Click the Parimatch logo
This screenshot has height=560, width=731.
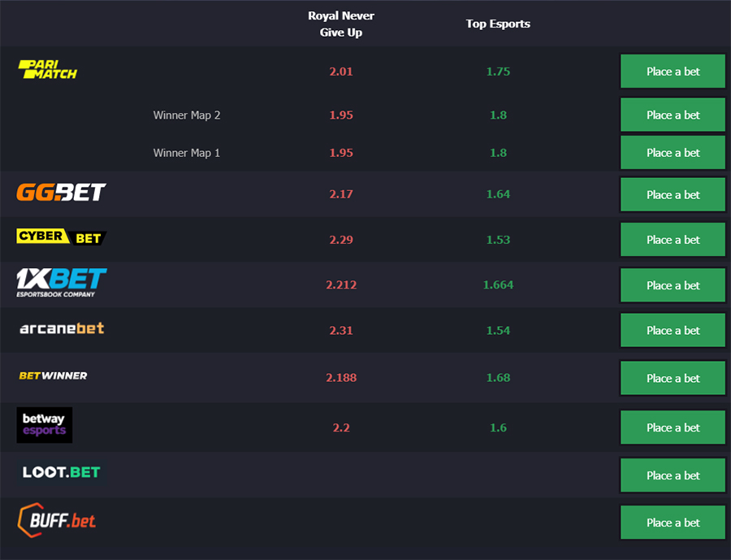click(48, 70)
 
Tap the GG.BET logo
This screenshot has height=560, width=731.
click(61, 193)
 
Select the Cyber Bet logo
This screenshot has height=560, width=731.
click(62, 237)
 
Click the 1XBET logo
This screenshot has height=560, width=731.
click(62, 283)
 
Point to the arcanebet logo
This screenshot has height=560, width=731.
click(62, 328)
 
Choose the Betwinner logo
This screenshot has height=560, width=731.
click(53, 376)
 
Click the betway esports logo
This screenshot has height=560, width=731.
click(45, 424)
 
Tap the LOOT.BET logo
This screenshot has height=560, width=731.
click(62, 472)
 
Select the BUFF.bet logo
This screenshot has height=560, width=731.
click(56, 520)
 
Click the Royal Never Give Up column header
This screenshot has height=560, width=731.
click(341, 24)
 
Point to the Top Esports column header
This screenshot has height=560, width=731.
click(498, 24)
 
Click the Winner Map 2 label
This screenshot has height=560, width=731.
click(187, 115)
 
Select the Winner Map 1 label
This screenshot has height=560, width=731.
click(187, 153)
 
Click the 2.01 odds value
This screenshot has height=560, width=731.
click(341, 72)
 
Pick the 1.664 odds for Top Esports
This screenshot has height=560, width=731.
click(498, 284)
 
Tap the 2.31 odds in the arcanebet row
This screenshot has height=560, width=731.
click(341, 331)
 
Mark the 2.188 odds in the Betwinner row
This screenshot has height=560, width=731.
click(341, 378)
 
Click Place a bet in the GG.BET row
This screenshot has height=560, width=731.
click(673, 194)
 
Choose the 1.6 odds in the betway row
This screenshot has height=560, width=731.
click(498, 428)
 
